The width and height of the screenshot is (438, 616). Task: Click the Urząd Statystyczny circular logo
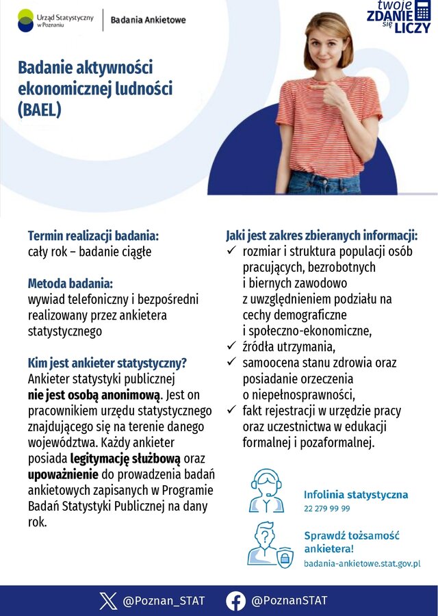[x=26, y=21]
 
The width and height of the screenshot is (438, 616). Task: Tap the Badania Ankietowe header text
[x=148, y=20]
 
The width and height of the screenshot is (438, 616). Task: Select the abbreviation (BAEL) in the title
[x=40, y=110]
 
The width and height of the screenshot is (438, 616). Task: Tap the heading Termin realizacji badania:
[x=93, y=236]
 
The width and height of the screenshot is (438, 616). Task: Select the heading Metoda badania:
[x=70, y=283]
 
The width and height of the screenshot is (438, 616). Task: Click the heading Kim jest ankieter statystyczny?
[x=107, y=363]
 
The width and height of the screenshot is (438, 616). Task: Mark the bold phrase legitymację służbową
[x=125, y=458]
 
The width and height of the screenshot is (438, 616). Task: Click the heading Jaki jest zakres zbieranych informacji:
[x=322, y=236]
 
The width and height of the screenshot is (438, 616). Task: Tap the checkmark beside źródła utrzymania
[x=231, y=346]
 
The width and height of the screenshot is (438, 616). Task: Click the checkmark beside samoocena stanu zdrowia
[x=231, y=362]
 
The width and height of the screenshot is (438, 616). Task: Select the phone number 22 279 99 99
[x=327, y=509]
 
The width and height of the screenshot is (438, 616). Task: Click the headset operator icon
[x=267, y=491]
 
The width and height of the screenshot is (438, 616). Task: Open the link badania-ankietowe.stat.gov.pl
[x=362, y=563]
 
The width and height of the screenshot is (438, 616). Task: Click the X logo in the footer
[x=108, y=601]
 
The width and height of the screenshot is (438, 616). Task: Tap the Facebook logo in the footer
[x=236, y=601]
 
